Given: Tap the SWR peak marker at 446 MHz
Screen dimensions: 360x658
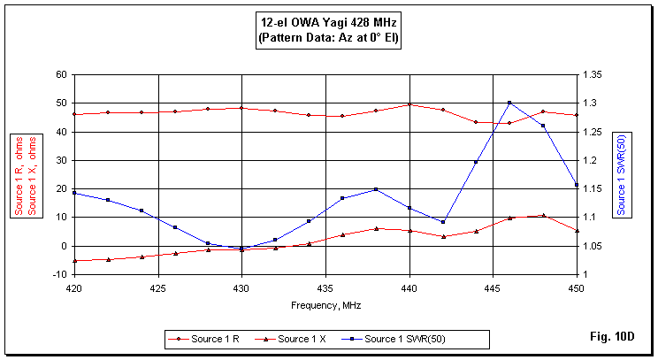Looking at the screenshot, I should pyautogui.click(x=509, y=103).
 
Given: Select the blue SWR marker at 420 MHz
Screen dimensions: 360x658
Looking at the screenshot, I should pyautogui.click(x=74, y=193).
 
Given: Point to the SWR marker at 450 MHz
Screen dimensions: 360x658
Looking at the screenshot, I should pyautogui.click(x=577, y=185).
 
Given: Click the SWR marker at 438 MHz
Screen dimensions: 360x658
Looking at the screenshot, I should pyautogui.click(x=376, y=189).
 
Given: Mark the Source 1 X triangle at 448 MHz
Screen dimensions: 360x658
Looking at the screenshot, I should pyautogui.click(x=543, y=215).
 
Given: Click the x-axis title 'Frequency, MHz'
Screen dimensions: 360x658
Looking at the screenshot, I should pyautogui.click(x=325, y=305).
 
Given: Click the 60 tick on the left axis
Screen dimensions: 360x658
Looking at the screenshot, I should pyautogui.click(x=61, y=74).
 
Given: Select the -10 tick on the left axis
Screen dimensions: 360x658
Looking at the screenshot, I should pyautogui.click(x=59, y=274).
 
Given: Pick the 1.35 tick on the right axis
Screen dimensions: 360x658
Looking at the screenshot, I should pyautogui.click(x=596, y=74).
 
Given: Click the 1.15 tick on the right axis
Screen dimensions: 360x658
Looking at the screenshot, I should pyautogui.click(x=596, y=188).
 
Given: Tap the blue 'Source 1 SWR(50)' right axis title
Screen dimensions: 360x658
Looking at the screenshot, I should pyautogui.click(x=622, y=175).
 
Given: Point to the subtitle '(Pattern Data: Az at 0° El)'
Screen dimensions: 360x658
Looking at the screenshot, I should pyautogui.click(x=328, y=40).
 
